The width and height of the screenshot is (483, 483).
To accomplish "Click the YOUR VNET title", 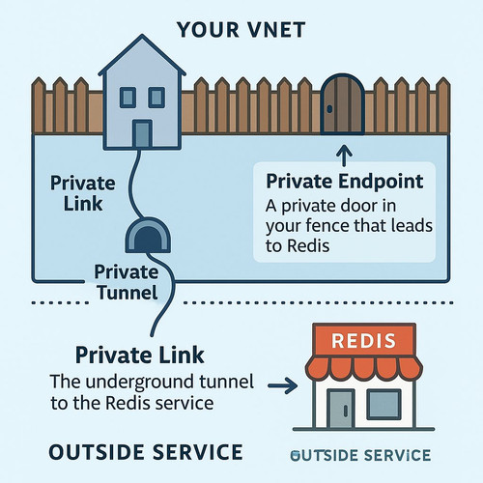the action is coord(241,30).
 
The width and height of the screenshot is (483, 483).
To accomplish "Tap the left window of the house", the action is coord(128,98).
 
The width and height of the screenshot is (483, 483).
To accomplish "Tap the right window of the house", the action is coord(156,98).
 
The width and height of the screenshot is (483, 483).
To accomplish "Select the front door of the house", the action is coord(142,133).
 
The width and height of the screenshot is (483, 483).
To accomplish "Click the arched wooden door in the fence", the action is coord(343,103).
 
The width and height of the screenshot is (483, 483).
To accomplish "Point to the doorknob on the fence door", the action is coord(329,109).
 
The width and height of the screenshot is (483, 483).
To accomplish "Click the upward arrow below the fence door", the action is coord(344,156).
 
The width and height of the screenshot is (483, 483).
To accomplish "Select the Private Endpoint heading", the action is coord(345,182).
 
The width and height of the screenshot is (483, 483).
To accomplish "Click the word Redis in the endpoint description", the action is coord(308,246).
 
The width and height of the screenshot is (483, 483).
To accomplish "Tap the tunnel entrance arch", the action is coord(148,235).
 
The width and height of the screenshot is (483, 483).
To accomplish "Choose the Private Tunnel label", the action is coord(127,282).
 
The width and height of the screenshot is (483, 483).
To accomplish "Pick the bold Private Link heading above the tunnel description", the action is coord(140,355).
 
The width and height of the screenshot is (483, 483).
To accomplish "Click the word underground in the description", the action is coord(140,383).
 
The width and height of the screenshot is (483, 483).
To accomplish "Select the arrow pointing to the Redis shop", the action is coord(283,385).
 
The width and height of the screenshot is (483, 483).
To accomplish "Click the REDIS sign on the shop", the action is coord(364,341).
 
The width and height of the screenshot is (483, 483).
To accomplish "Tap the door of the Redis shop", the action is coord(341,409).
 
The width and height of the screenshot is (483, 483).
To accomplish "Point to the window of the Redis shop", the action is coord(384,404).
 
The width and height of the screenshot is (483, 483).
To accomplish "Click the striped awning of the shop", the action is coord(364,368).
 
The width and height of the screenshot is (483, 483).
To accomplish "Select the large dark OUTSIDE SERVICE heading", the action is coord(146,452).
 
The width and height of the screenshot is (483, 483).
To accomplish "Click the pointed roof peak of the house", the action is coord(142,36).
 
